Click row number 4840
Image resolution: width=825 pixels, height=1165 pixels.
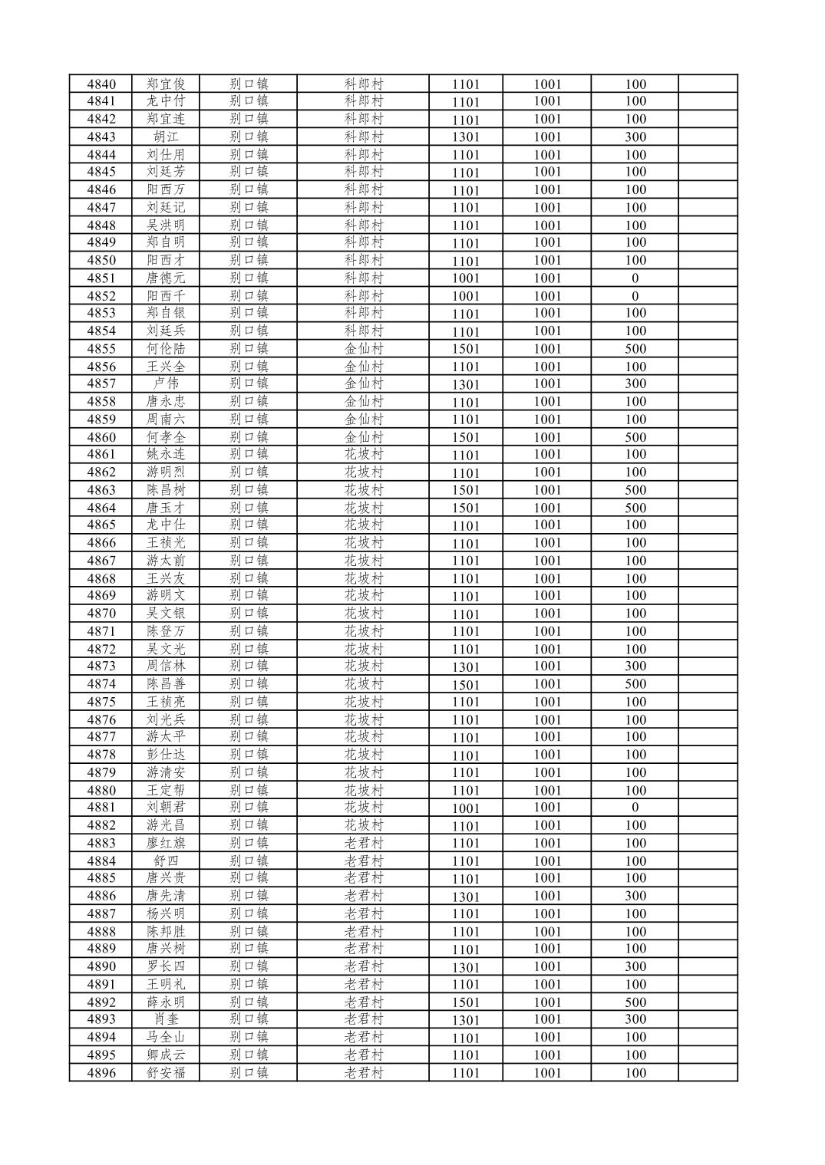click(x=101, y=84)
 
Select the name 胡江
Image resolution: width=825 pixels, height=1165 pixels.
click(x=166, y=137)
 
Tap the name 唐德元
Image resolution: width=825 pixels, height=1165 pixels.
click(x=166, y=278)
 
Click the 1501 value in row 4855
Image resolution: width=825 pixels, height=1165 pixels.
click(x=465, y=349)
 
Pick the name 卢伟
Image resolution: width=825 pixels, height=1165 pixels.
click(x=166, y=383)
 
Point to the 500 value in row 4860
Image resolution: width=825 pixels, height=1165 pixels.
click(x=635, y=437)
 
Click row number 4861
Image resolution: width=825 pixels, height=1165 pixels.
click(x=101, y=454)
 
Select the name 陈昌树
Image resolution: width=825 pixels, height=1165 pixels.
click(x=166, y=489)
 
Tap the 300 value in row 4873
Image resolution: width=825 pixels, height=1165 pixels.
click(x=635, y=666)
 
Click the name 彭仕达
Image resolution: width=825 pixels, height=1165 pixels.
click(x=166, y=754)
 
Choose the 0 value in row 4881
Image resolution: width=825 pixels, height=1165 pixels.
click(x=635, y=807)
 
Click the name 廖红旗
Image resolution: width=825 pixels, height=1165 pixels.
click(x=166, y=843)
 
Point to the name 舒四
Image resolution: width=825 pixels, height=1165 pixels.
click(x=166, y=861)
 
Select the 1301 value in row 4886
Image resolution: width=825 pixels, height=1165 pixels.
click(x=465, y=897)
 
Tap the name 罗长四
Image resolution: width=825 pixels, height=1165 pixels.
click(x=166, y=966)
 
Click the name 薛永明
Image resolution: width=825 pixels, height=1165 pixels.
click(x=166, y=1002)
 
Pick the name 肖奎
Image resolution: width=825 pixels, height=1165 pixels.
click(x=166, y=1019)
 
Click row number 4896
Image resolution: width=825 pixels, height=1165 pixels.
click(x=101, y=1072)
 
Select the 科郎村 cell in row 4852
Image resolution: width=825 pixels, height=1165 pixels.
click(x=364, y=295)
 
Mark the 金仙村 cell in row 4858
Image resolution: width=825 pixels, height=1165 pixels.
click(x=364, y=401)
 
